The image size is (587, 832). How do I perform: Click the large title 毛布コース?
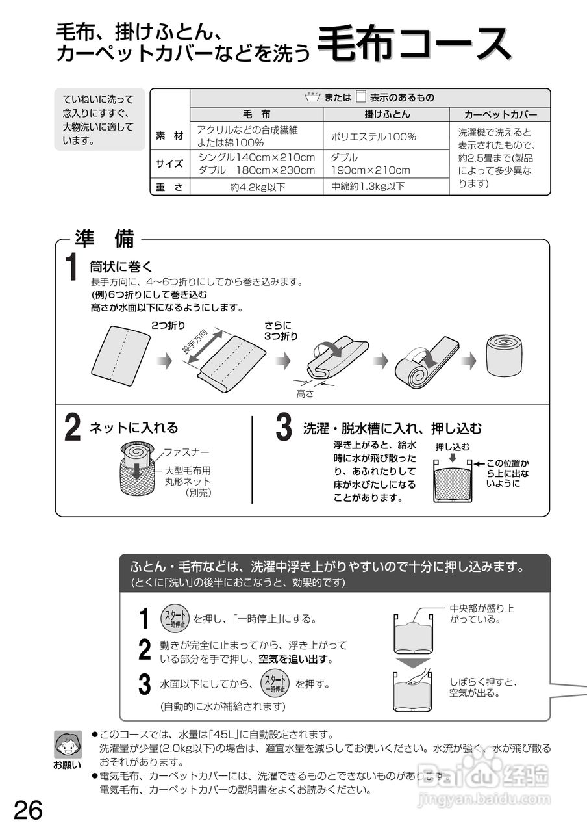click(x=416, y=45)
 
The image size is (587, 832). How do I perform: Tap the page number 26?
click(x=28, y=811)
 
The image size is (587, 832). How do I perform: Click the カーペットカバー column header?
click(x=501, y=114)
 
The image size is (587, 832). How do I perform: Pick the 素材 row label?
click(x=169, y=136)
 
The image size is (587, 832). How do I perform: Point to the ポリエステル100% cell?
click(x=373, y=137)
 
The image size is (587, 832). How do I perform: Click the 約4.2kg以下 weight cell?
click(x=257, y=187)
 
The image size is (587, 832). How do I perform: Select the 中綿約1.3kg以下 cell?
click(x=368, y=187)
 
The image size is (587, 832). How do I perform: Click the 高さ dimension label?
click(x=305, y=393)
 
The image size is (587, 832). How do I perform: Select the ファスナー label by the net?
click(x=186, y=451)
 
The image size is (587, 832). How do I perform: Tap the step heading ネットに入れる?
click(x=134, y=428)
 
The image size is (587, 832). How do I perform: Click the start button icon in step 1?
click(x=174, y=618)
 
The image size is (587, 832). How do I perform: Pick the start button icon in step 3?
click(x=274, y=684)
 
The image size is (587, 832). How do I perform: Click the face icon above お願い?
click(x=68, y=742)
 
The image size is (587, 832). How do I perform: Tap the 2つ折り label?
click(x=168, y=324)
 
